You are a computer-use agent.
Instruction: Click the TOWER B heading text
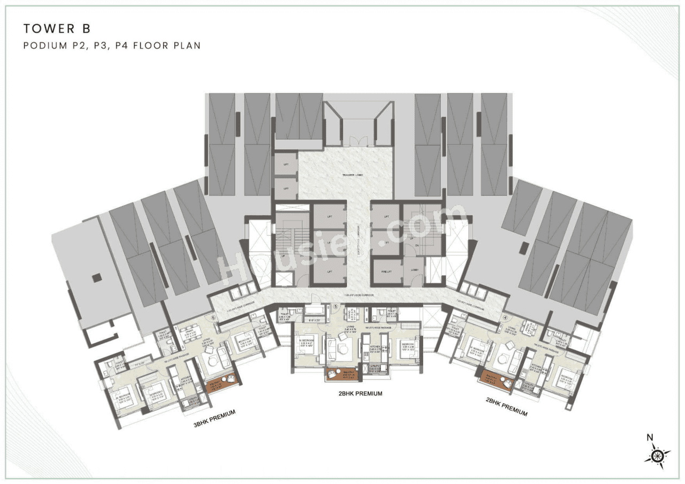click(x=51, y=28)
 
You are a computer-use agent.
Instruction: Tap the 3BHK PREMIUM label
click(x=215, y=419)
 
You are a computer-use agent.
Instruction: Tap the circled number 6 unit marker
click(x=213, y=317)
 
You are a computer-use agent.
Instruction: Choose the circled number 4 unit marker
click(x=505, y=316)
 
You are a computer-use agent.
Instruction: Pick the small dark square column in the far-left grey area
click(x=96, y=277)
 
